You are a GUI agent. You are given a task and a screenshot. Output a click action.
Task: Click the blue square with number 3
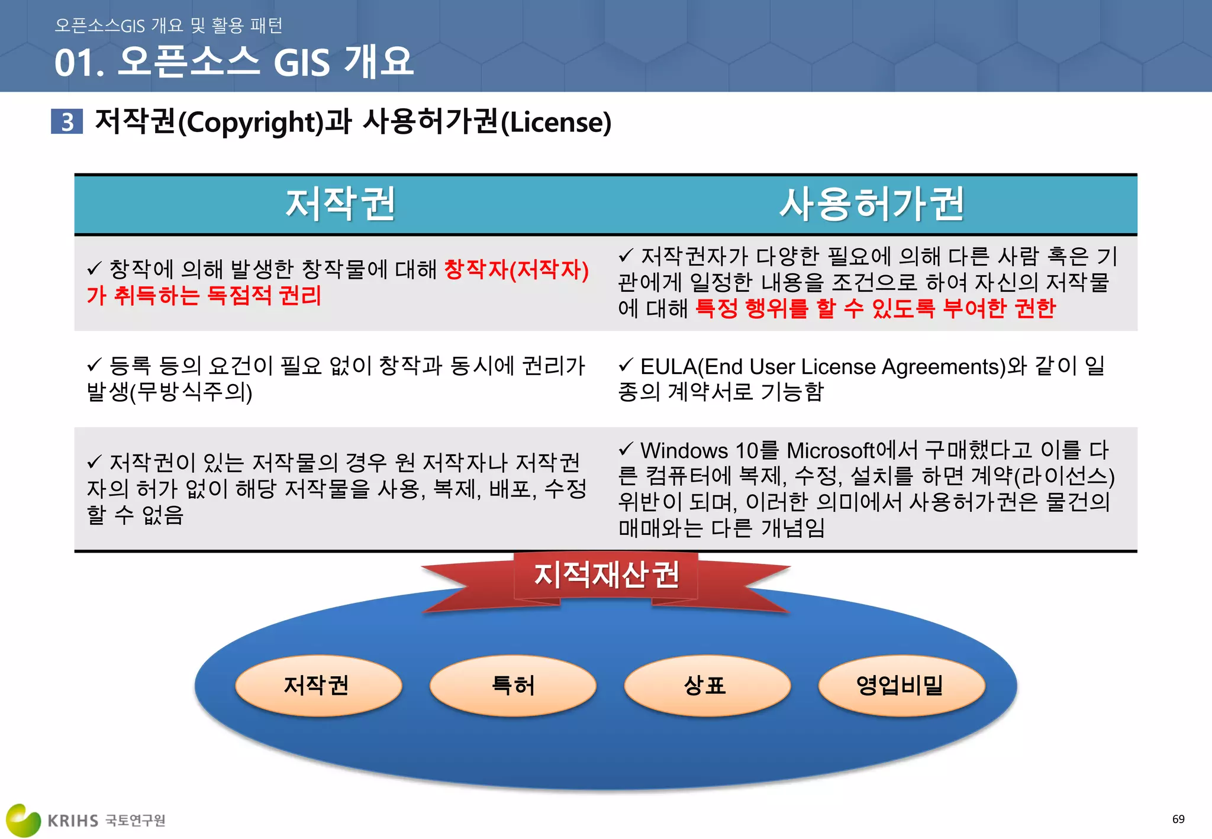pyautogui.click(x=67, y=121)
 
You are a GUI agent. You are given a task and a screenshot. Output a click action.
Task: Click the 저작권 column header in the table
pyautogui.click(x=340, y=204)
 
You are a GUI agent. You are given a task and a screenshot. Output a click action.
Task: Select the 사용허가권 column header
pyautogui.click(x=871, y=204)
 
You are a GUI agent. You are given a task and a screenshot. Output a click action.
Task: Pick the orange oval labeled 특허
pyautogui.click(x=512, y=686)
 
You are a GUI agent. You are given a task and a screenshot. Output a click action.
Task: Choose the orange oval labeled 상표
pyautogui.click(x=707, y=686)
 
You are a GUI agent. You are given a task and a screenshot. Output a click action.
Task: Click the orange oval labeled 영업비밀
pyautogui.click(x=901, y=686)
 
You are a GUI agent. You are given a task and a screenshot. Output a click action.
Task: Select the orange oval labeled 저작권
pyautogui.click(x=318, y=686)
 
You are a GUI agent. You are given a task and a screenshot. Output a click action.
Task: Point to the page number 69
pyautogui.click(x=1178, y=819)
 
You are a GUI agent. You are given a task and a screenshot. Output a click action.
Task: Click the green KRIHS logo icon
pyautogui.click(x=22, y=819)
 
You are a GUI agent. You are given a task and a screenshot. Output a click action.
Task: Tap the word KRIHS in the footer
pyautogui.click(x=73, y=821)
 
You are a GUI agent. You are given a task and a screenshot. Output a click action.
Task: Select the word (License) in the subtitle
pyautogui.click(x=556, y=122)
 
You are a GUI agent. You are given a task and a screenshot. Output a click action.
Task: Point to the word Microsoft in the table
pyautogui.click(x=830, y=451)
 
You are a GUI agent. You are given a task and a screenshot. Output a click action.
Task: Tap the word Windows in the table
pyautogui.click(x=684, y=451)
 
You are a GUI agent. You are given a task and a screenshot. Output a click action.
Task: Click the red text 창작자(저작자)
pyautogui.click(x=516, y=270)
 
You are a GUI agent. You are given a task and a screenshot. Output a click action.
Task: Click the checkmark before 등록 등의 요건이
pyautogui.click(x=95, y=365)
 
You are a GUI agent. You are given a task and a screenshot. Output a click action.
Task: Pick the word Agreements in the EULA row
pyautogui.click(x=943, y=367)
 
